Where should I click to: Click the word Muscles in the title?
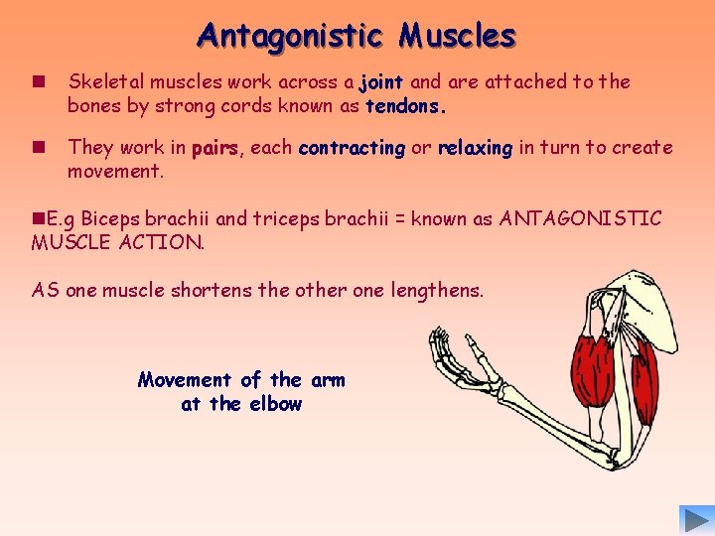click(458, 36)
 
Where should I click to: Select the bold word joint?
click(380, 82)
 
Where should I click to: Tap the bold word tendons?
click(405, 105)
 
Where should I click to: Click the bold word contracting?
click(352, 149)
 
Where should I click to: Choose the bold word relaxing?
click(475, 149)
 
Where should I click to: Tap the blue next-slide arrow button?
click(692, 519)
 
